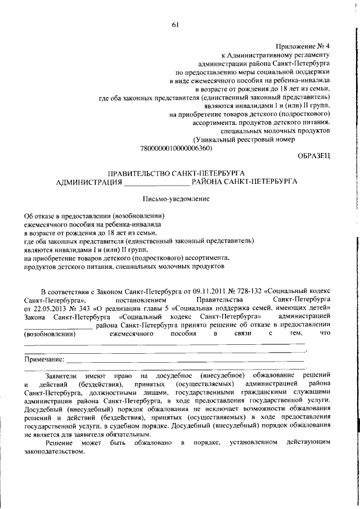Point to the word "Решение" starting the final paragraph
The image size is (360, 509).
click(x=58, y=444)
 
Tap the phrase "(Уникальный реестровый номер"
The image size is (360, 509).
click(x=244, y=140)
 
